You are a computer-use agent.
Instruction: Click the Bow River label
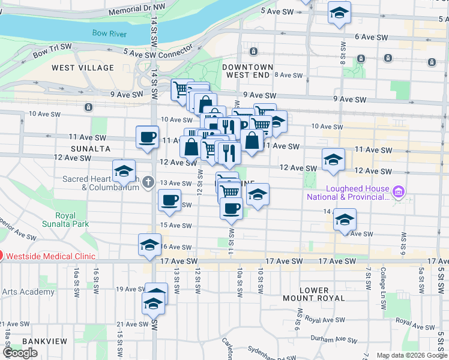(109, 34)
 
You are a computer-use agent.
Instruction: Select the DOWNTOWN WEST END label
(247, 71)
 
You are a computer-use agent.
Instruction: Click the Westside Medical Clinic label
(50, 256)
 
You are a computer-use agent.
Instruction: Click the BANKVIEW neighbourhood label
(39, 341)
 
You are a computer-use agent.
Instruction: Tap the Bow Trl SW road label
(52, 49)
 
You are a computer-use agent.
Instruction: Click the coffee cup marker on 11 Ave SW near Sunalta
(147, 137)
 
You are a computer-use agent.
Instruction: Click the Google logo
(20, 353)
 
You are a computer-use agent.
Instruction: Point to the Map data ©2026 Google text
(412, 355)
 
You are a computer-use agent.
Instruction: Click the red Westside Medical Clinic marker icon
(1, 256)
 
